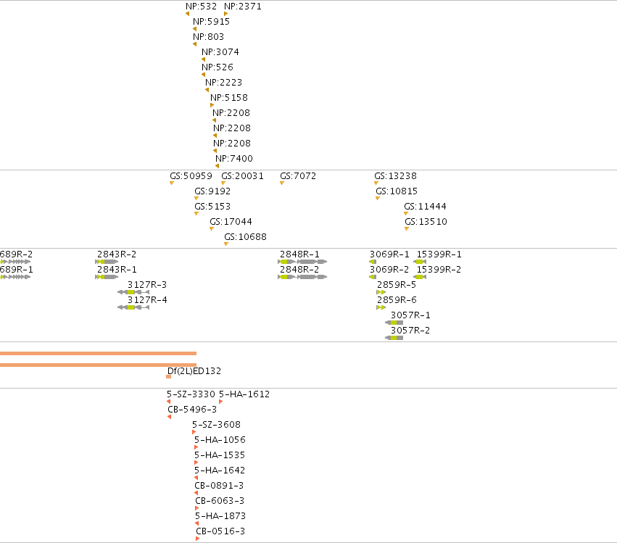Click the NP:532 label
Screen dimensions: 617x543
201,7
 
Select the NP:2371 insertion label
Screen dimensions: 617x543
242,7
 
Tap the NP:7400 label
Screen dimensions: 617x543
233,159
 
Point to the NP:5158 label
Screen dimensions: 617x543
228,98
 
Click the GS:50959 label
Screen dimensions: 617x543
191,176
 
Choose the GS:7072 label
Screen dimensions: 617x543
298,176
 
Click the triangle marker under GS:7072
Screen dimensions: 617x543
282,183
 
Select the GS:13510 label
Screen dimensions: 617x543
426,222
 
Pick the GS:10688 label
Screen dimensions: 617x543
245,237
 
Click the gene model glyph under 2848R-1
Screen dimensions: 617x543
302,262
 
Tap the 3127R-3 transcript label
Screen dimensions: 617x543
146,284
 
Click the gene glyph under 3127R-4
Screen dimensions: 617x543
133,307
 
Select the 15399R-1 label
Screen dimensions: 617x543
439,254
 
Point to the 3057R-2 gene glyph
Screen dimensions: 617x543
394,338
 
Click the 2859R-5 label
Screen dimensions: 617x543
397,284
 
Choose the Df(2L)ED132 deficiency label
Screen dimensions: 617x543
194,371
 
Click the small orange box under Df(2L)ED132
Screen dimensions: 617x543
168,377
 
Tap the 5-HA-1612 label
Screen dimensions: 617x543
244,394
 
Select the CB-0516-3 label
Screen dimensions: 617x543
220,531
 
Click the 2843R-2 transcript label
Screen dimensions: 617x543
117,254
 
